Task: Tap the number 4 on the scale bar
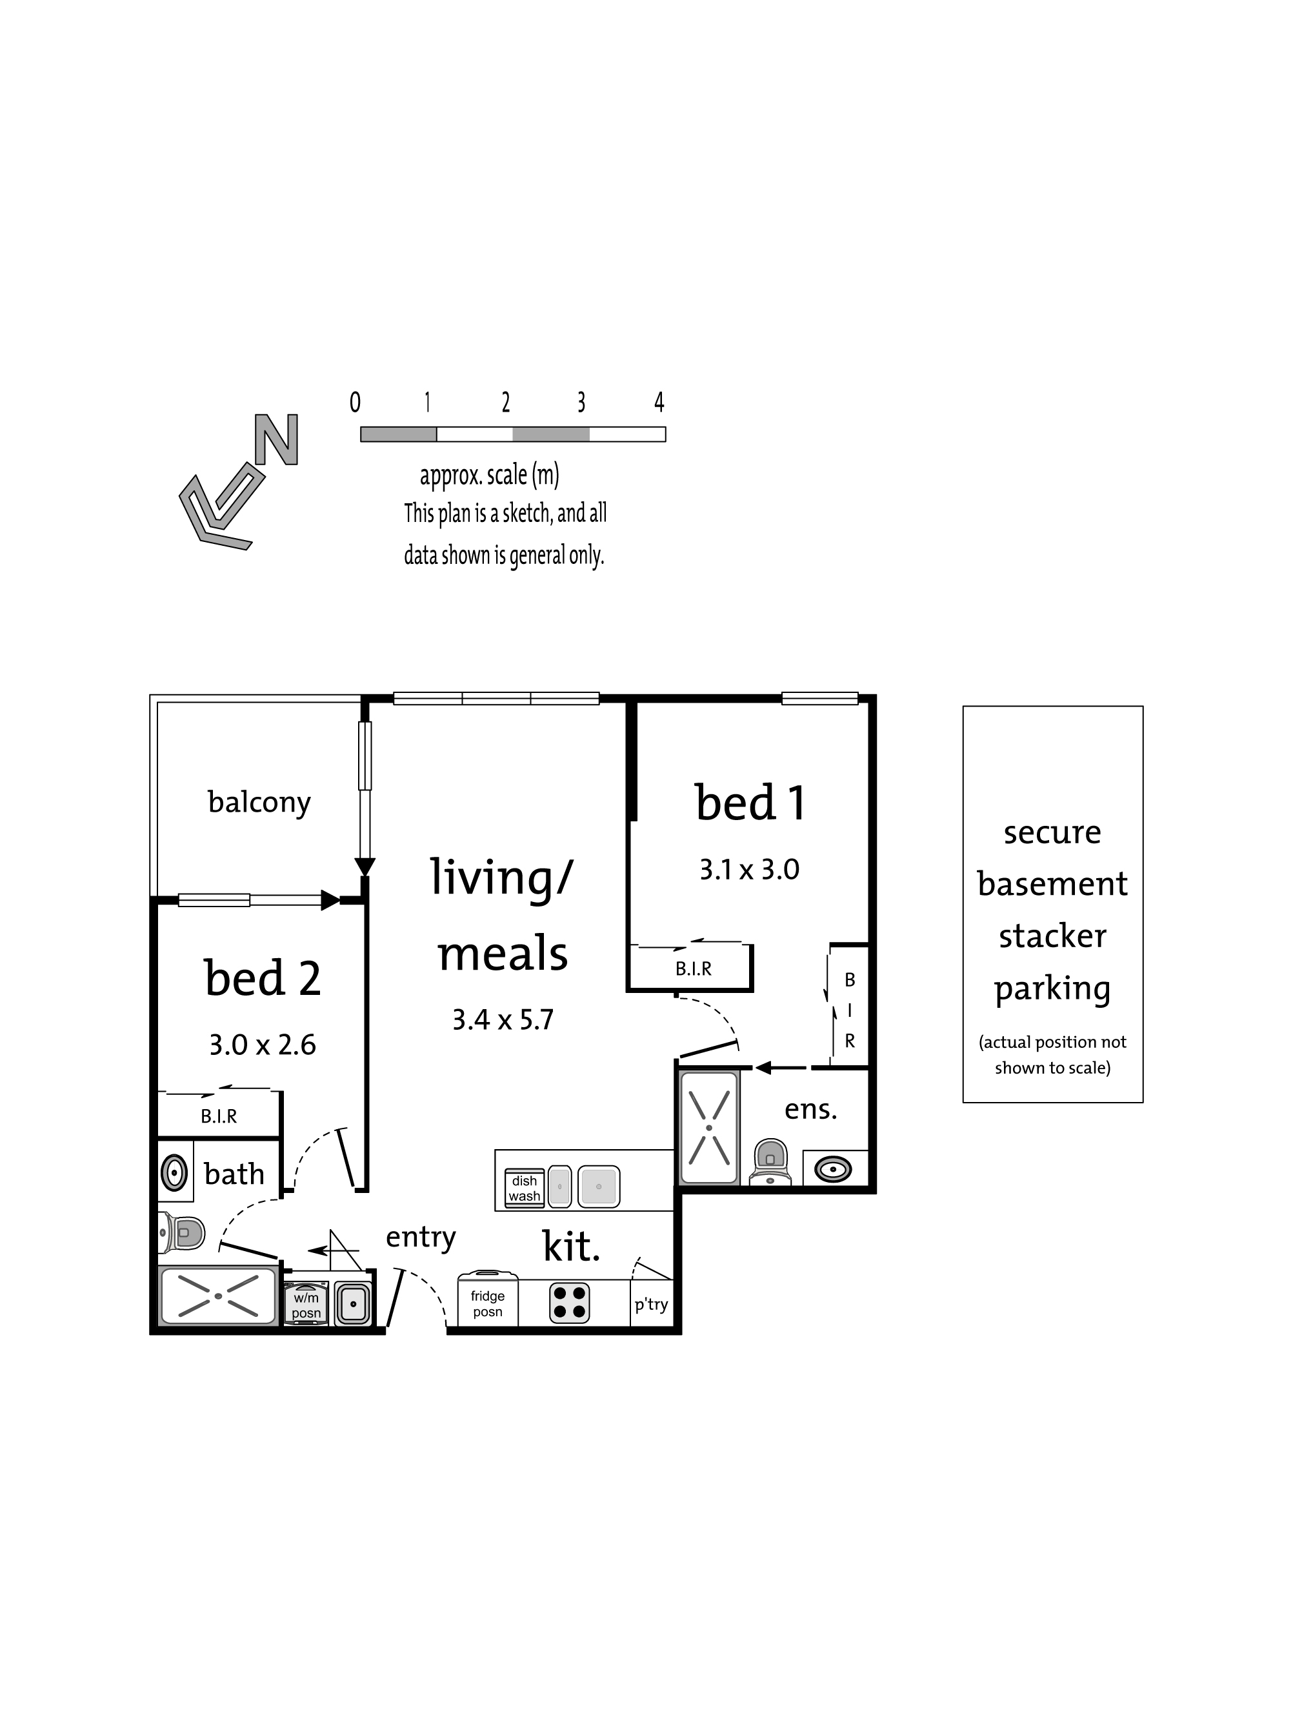(x=659, y=402)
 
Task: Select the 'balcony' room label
(x=259, y=802)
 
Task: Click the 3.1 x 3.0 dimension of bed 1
(x=749, y=869)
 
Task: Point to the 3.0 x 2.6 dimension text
(x=263, y=1045)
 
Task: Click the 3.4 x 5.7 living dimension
(x=503, y=1019)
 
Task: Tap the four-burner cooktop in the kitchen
(x=569, y=1302)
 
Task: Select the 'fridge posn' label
(x=488, y=1303)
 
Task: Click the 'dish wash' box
(x=525, y=1188)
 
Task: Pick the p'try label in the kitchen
(x=651, y=1305)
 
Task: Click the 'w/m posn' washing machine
(x=306, y=1304)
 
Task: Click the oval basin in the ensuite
(x=832, y=1169)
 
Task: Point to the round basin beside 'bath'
(x=174, y=1172)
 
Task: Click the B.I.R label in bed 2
(x=219, y=1116)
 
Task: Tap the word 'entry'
(x=421, y=1238)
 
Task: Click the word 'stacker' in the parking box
(x=1052, y=936)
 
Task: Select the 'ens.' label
(x=810, y=1109)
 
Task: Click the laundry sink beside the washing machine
(x=353, y=1304)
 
